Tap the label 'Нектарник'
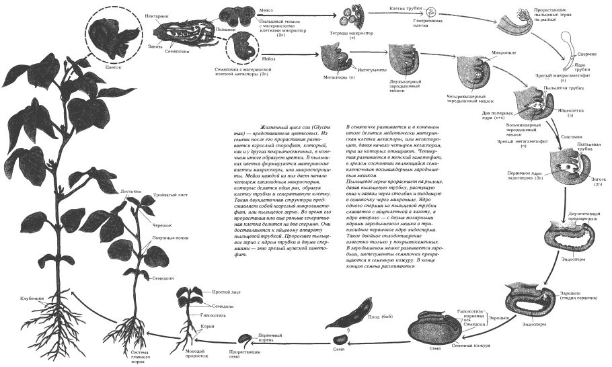tap(156, 14)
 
